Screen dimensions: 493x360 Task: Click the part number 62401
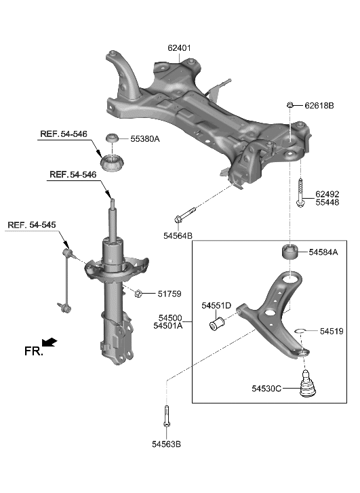click(x=180, y=48)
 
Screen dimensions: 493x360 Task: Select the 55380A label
click(x=145, y=138)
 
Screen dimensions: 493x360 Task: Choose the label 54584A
click(x=323, y=252)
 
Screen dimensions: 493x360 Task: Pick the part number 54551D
click(x=216, y=306)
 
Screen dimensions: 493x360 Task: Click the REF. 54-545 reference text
click(x=34, y=224)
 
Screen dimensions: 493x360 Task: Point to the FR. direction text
click(x=33, y=351)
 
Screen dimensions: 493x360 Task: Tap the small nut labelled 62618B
click(x=290, y=104)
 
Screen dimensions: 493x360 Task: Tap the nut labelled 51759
click(x=138, y=294)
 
